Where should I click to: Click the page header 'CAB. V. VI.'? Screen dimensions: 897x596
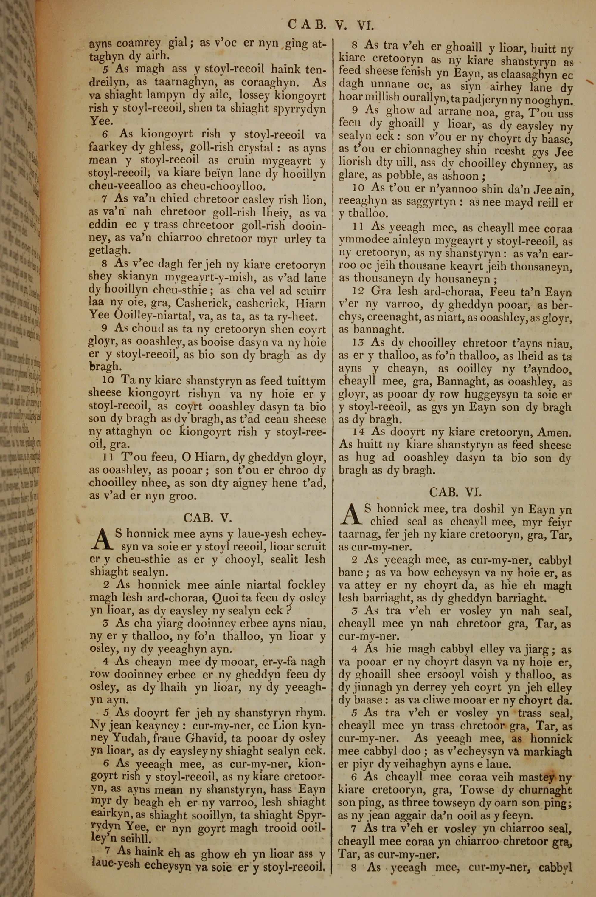[331, 25]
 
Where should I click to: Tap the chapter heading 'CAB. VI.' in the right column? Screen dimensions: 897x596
[455, 492]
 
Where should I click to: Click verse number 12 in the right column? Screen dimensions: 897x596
[358, 292]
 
